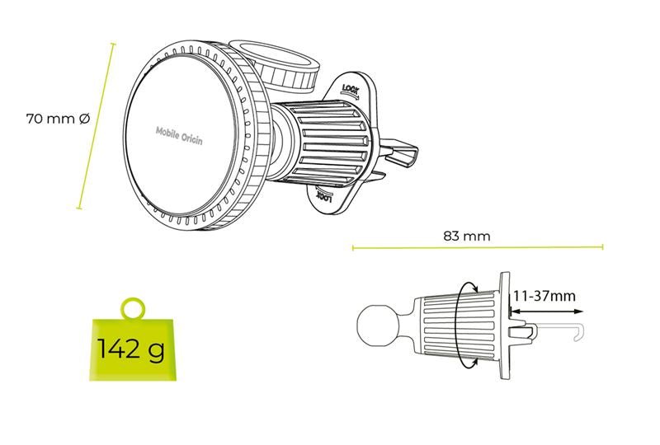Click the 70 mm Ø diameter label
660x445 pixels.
58,119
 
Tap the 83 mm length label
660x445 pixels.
467,236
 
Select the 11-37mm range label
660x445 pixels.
544,296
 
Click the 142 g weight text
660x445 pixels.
131,349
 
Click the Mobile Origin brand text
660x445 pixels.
179,135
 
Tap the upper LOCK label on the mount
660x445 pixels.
351,90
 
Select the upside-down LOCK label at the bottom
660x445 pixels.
324,195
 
